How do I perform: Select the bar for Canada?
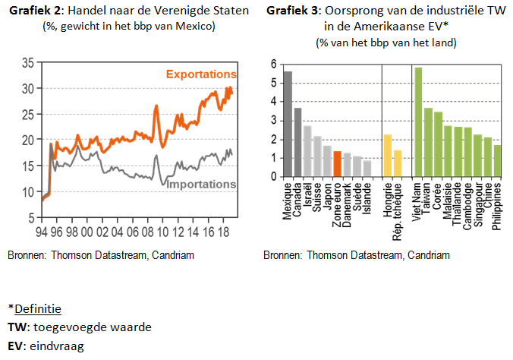pyautogui.click(x=297, y=142)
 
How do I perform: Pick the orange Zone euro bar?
pyautogui.click(x=337, y=163)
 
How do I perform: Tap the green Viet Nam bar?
pyautogui.click(x=417, y=122)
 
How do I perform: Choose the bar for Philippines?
pyautogui.click(x=497, y=160)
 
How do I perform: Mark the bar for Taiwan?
pyautogui.click(x=428, y=142)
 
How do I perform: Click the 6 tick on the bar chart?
pyautogui.click(x=273, y=65)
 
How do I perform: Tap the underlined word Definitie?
pyautogui.click(x=37, y=310)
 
